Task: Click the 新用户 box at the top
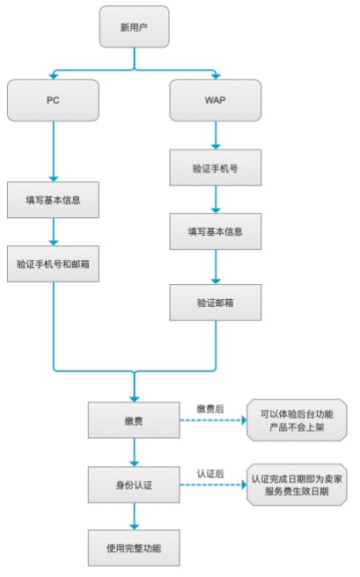tap(135, 26)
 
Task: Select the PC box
tap(53, 100)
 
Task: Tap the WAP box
tap(215, 100)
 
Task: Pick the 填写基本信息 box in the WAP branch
tap(215, 232)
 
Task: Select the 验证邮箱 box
tap(215, 301)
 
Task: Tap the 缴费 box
tap(134, 421)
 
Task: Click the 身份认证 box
tap(134, 484)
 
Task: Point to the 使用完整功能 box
tap(134, 548)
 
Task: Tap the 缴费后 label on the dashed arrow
tap(212, 409)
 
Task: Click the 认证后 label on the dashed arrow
tap(212, 473)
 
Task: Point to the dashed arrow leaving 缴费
tap(211, 421)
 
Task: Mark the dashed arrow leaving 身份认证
tap(211, 485)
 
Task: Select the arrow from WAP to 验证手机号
tap(215, 134)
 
